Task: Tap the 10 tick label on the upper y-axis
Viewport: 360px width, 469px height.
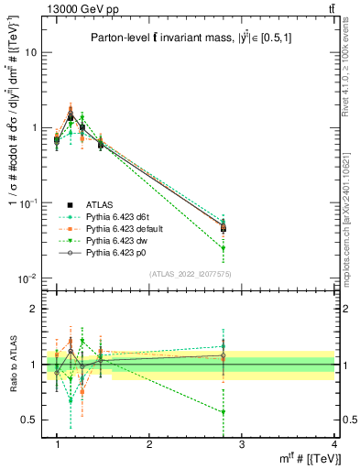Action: [29, 52]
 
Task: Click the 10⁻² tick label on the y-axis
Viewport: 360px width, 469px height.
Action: [27, 278]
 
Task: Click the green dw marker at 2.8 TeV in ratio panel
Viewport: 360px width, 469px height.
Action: [224, 412]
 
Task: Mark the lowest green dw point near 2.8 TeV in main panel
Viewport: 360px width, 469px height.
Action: [224, 248]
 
